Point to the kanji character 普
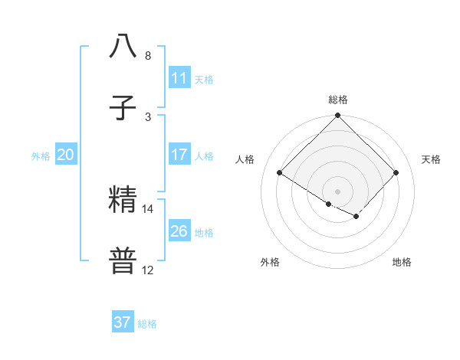(123, 260)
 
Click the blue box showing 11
(179, 78)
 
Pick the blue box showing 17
(179, 155)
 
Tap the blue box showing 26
(179, 231)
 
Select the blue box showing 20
(66, 155)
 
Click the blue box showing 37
(123, 322)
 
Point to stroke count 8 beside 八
(148, 56)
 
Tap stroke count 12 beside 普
(148, 270)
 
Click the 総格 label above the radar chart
(338, 100)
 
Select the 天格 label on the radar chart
(431, 159)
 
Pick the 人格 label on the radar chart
(245, 159)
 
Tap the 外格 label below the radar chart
(270, 262)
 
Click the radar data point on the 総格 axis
(338, 116)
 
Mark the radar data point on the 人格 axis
(280, 172)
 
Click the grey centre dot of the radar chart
(338, 191)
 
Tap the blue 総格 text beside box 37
(147, 324)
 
